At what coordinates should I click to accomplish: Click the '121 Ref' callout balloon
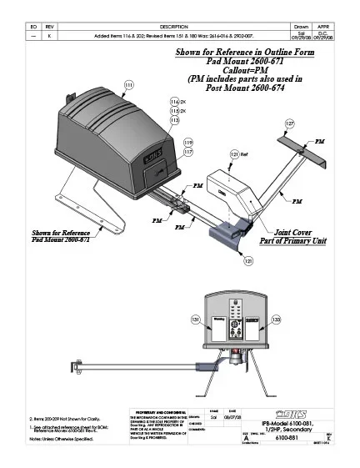(x=237, y=154)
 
